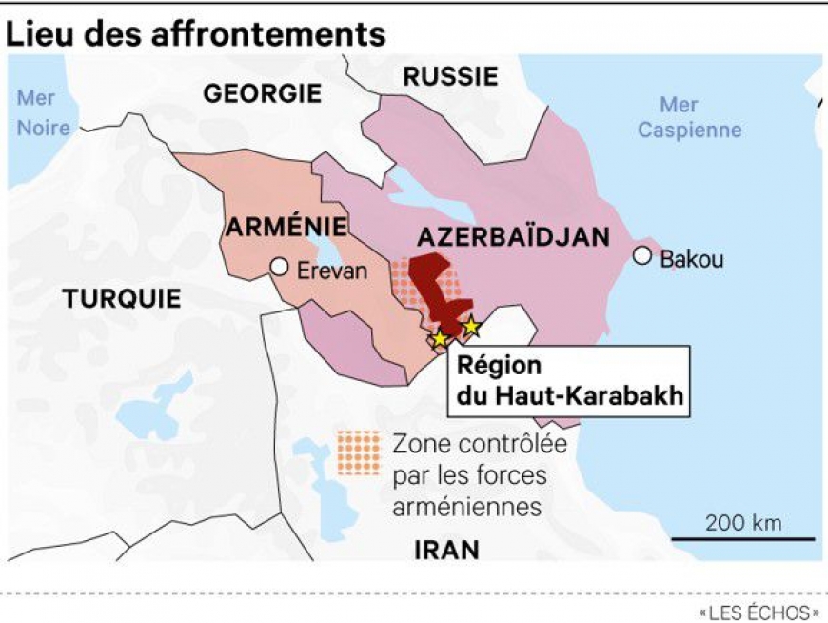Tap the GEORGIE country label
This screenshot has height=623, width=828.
(x=263, y=93)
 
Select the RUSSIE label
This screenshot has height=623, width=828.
(x=450, y=76)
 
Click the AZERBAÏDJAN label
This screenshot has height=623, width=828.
(x=513, y=237)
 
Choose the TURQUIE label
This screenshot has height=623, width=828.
(x=122, y=298)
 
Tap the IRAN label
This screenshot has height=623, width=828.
(x=447, y=550)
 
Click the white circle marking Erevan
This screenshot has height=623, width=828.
(x=279, y=268)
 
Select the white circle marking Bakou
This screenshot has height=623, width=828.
(x=642, y=255)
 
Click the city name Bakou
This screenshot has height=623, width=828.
(x=692, y=258)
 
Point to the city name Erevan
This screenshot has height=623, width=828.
(x=331, y=271)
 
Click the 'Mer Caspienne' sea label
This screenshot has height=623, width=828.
(x=689, y=117)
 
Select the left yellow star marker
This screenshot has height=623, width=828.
(x=440, y=338)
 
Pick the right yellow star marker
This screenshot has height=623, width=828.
(x=470, y=327)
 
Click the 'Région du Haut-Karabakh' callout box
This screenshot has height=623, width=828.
(x=568, y=381)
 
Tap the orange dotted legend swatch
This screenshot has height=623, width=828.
(x=357, y=452)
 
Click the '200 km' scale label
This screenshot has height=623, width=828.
(x=743, y=522)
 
